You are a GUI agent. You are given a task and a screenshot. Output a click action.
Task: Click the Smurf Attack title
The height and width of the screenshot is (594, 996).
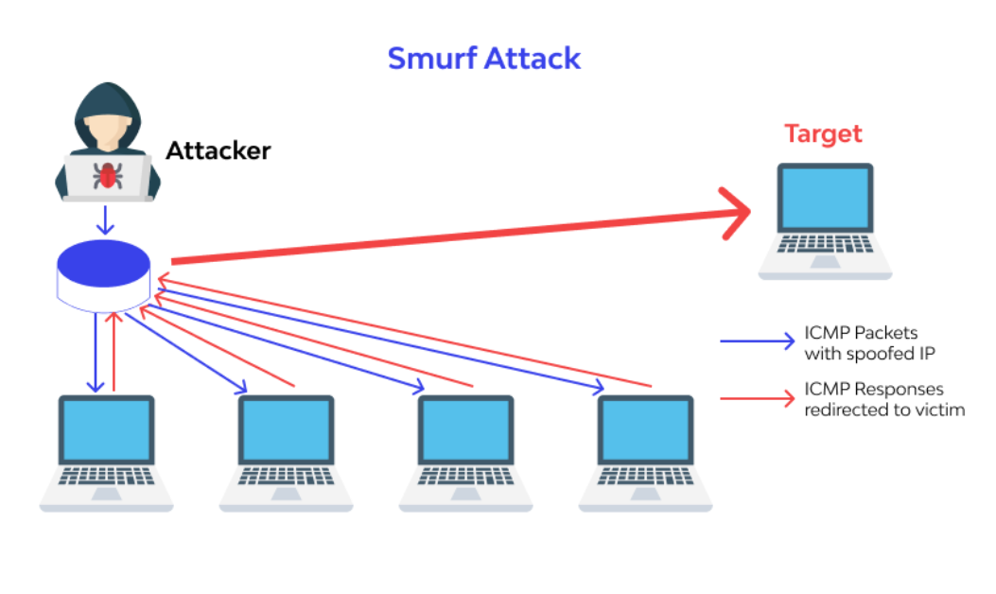[x=484, y=59]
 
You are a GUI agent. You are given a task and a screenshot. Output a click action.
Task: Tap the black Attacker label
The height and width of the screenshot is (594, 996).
[x=218, y=150]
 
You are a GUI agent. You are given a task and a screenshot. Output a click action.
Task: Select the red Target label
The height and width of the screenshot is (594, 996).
[x=823, y=133]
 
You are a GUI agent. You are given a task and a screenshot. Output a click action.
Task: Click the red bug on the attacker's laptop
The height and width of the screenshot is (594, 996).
[x=107, y=175]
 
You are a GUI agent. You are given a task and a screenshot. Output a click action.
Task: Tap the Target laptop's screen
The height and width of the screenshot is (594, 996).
[x=825, y=198]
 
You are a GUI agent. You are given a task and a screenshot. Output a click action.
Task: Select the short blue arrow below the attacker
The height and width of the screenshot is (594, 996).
[x=105, y=219]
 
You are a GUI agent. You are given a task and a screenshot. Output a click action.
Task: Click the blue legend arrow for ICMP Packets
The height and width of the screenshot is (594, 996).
[x=757, y=341]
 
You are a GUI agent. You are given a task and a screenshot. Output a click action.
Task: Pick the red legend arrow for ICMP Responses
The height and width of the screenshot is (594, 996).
[x=757, y=398]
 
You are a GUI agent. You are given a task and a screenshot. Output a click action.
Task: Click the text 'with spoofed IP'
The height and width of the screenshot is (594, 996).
[x=869, y=354]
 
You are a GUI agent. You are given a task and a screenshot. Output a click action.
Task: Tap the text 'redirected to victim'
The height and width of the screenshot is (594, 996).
[x=884, y=410]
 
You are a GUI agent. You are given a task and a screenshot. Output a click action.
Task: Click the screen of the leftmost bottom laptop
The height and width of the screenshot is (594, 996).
[x=107, y=429]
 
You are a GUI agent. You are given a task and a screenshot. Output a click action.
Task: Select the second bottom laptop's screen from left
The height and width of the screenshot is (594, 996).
[x=286, y=429]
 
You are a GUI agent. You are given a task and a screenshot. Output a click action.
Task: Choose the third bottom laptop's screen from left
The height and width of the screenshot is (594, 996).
[x=465, y=429]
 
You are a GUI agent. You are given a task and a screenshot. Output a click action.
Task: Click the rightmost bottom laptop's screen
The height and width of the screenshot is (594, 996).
[x=645, y=429]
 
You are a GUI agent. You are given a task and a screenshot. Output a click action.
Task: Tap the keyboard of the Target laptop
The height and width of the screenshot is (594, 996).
[x=825, y=244]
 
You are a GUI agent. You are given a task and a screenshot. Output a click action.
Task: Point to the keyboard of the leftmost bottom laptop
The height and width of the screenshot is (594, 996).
[x=107, y=477]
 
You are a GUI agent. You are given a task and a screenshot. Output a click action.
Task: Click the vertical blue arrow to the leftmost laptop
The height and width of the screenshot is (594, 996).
[x=96, y=352]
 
